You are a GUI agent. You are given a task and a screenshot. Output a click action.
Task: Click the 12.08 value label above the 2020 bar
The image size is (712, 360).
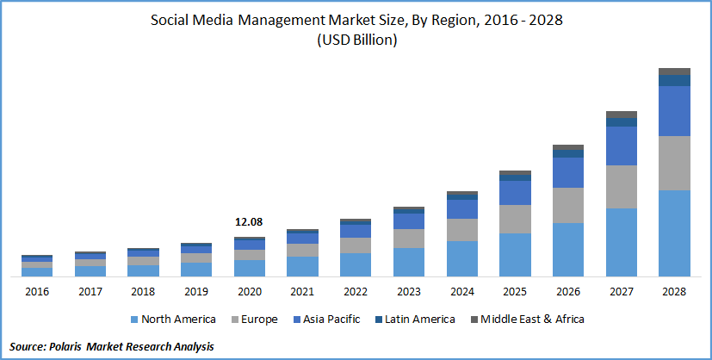tap(249, 222)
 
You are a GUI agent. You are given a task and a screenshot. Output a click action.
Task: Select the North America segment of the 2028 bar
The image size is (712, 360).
tap(675, 233)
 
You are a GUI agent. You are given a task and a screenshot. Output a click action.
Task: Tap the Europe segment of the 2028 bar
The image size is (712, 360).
tap(675, 163)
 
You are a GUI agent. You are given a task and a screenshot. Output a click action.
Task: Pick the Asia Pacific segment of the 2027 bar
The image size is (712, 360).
tap(622, 146)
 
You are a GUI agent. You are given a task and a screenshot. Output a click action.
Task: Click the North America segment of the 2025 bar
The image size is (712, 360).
tap(515, 254)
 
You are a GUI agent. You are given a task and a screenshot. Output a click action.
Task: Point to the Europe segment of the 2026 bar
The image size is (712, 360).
tap(568, 205)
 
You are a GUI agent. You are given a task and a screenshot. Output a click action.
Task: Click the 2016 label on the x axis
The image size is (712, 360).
tap(37, 292)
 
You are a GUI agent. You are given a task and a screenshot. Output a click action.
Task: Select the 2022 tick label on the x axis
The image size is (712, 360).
tap(356, 292)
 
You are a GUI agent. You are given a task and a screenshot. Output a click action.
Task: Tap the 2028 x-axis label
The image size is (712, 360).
tap(675, 292)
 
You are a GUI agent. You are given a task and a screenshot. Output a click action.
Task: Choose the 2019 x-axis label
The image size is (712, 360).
tap(196, 292)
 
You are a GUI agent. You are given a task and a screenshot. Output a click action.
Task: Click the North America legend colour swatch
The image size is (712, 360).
tap(133, 320)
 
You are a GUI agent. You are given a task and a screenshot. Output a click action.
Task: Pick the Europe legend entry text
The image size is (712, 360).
tap(259, 320)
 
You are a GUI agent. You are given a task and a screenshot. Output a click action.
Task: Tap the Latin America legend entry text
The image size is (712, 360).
tap(419, 320)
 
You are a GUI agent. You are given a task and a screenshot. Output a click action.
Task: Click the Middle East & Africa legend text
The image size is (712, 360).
tap(532, 320)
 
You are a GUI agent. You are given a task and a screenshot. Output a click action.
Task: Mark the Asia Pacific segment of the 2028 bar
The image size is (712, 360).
tap(675, 110)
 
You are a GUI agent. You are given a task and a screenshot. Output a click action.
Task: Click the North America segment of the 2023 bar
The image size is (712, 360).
tap(409, 262)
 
